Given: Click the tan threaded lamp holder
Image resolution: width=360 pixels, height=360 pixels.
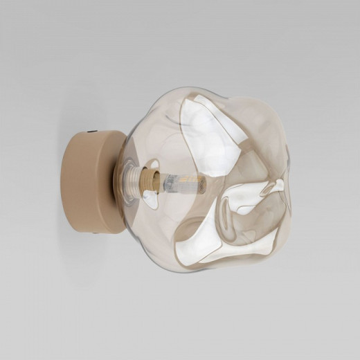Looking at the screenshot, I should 147,181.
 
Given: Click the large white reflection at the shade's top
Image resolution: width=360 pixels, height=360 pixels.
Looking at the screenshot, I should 208,128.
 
